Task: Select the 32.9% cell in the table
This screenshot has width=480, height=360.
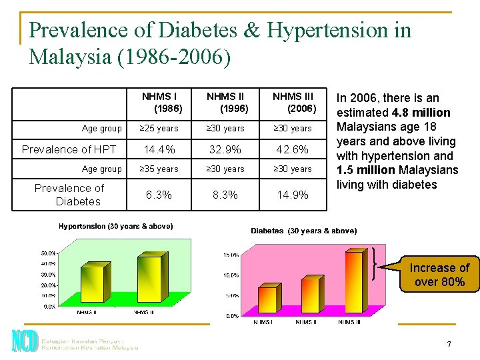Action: pos(226,149)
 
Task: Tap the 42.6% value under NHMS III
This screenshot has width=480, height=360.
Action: pos(292,149)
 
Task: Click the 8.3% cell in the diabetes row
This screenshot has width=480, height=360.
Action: pos(226,195)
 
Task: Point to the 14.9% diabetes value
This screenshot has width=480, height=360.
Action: pos(292,195)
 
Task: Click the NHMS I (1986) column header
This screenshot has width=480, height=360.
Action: pos(160,102)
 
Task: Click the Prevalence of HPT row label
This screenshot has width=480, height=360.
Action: pos(69,149)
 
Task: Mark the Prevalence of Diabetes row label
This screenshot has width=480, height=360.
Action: pos(69,195)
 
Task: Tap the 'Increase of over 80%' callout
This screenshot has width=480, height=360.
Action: pos(439,275)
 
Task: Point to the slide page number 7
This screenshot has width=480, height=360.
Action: pos(449,345)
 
